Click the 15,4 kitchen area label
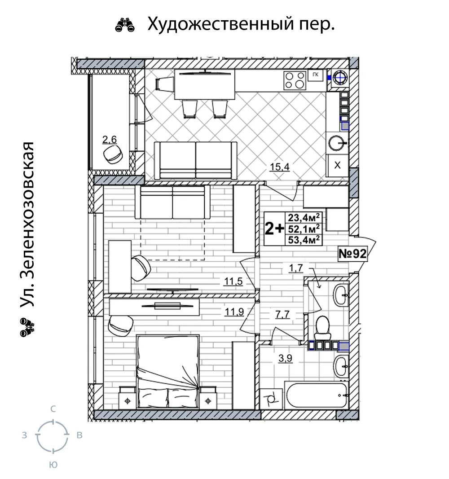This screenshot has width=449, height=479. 279,167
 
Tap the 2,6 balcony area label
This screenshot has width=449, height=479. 110,140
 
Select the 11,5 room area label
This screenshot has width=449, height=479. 233,281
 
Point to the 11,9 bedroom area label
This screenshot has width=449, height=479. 234,312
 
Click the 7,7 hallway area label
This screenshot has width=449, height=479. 282,314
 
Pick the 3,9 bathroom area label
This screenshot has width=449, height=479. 285,358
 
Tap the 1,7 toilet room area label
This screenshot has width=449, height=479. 296,268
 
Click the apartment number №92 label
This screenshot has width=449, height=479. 352,254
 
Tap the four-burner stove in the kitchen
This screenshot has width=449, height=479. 295,80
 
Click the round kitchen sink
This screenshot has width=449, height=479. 338,143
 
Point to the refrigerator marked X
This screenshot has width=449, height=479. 338,165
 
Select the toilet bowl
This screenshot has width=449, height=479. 322,327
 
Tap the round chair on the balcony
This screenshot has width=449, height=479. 113,154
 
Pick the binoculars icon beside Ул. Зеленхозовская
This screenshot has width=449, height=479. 27,327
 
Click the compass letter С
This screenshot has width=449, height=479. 53,409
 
